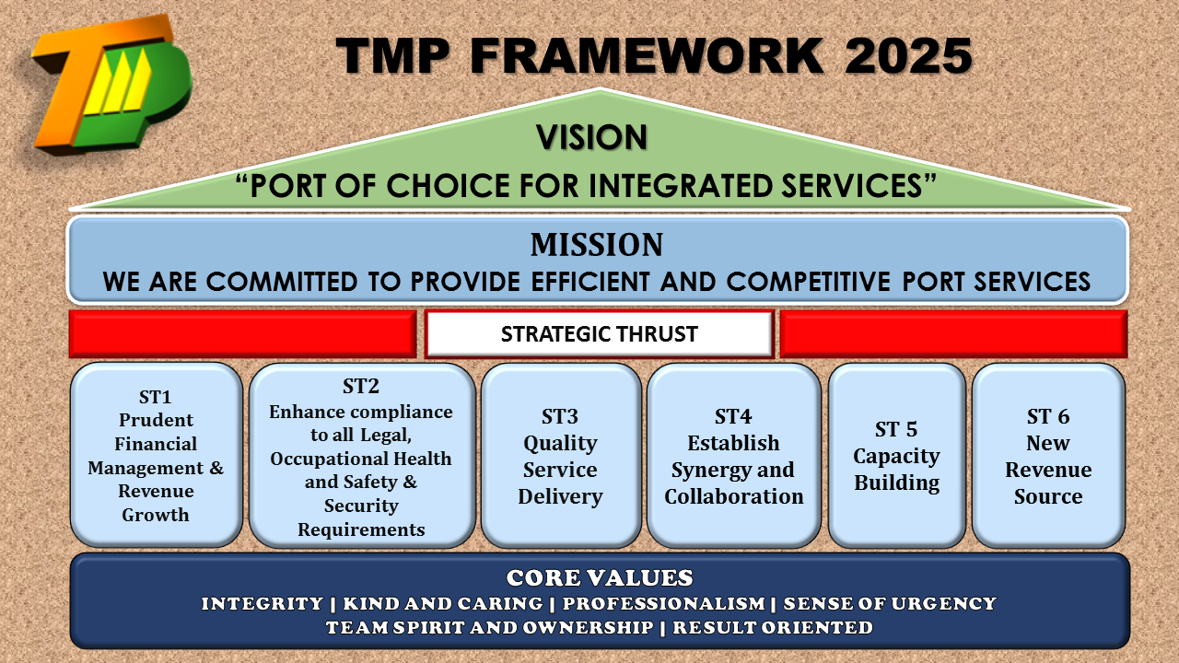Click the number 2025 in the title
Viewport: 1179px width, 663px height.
908,56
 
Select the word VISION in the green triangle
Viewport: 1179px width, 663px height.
591,137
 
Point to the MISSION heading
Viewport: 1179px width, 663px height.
597,245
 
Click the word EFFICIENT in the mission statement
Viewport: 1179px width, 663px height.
590,282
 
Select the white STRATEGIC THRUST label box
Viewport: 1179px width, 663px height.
599,334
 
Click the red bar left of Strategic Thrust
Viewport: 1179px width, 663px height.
242,334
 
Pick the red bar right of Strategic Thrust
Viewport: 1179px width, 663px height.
953,334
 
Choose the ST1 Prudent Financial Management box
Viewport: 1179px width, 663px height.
157,455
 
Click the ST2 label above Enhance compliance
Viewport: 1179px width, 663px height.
360,386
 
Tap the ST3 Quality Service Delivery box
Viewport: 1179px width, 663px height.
561,456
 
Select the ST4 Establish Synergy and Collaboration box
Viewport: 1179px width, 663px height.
734,456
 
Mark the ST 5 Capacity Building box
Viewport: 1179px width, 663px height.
897,456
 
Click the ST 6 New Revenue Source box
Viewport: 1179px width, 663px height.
1048,456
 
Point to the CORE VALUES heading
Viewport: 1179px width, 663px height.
600,577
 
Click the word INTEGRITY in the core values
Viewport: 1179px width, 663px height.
263,603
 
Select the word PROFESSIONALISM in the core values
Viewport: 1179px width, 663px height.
664,603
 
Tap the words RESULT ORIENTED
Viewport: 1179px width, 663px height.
773,628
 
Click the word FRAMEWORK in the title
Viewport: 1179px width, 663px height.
647,56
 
